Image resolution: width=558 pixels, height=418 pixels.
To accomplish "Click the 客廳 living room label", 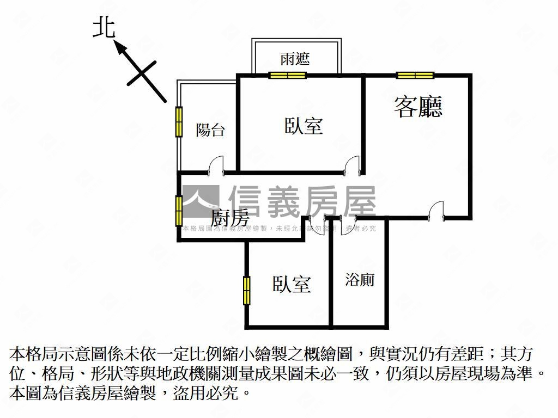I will tap(418, 107).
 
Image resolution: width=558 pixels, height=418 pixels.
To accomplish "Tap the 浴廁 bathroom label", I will tap(360, 280).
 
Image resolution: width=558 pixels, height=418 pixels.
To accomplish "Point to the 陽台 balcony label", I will tap(210, 130).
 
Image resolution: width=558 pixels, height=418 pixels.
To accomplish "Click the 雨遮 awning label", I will tap(295, 59).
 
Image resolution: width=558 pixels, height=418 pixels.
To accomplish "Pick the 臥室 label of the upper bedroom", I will tap(304, 126).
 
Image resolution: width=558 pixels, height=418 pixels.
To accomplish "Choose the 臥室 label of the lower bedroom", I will tap(292, 284).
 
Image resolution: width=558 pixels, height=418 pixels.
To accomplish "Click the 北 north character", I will tap(104, 28).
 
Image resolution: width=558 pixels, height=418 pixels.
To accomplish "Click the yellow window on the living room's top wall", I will tap(415, 75).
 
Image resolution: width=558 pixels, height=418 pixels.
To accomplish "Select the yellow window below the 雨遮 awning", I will tap(288, 75).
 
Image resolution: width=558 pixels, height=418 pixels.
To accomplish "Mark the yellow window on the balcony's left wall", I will tap(178, 122).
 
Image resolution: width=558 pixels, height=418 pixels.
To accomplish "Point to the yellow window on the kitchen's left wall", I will tap(178, 210).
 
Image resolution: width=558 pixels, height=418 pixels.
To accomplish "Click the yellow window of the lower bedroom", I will tap(247, 290).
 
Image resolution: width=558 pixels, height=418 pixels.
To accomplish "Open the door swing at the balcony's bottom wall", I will tap(216, 165).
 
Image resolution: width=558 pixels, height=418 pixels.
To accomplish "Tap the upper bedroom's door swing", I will tap(353, 165).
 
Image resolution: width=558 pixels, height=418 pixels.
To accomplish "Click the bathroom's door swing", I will tap(349, 224).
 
